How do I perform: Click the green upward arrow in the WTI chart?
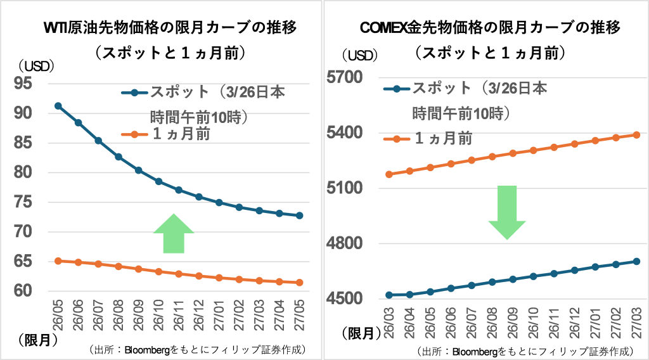pos(173,235)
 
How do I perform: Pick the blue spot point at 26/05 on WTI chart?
pos(58,106)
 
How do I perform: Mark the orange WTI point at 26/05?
pos(58,260)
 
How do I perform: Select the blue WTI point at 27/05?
pos(300,215)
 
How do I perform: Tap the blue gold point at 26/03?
pos(389,295)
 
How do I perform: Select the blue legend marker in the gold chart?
pos(397,89)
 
